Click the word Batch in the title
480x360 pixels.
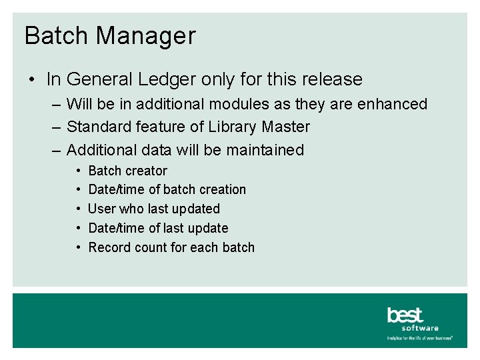pos(55,35)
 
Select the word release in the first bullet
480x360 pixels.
pos(332,80)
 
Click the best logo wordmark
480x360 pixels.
pos(405,315)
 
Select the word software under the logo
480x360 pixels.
pos(421,328)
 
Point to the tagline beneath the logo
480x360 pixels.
pos(420,338)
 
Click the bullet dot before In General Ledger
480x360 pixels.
pos(32,80)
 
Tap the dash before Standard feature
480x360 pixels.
pos(55,127)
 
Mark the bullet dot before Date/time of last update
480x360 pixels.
pos(79,228)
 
